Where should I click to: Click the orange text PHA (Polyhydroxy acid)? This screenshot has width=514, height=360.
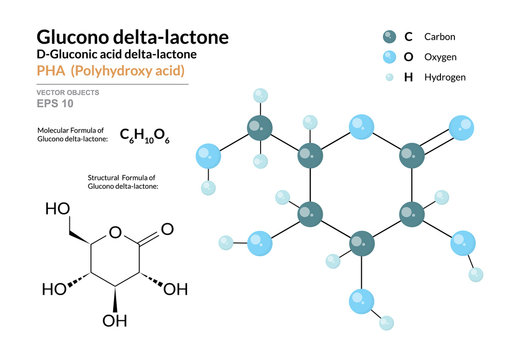click(109, 72)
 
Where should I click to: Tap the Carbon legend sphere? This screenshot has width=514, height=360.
click(388, 37)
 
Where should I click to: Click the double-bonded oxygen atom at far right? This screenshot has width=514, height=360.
click(461, 128)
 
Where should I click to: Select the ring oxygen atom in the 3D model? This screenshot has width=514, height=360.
click(361, 128)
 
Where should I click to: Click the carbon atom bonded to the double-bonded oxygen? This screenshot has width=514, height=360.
click(411, 155)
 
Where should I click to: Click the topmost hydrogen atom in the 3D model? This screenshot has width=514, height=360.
click(260, 96)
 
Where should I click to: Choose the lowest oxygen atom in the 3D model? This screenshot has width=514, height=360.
click(361, 298)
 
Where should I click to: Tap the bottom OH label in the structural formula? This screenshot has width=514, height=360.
click(116, 321)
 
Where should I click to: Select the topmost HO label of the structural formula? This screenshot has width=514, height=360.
click(58, 211)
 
